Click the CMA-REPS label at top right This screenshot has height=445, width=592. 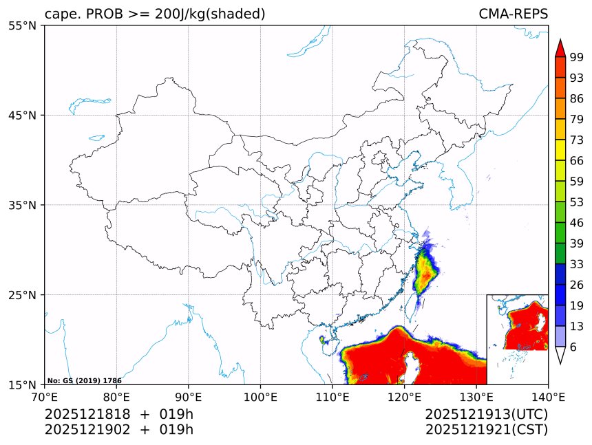(x=513, y=14)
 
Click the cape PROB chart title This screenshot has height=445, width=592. (x=155, y=14)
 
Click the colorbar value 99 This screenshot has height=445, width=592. (x=576, y=57)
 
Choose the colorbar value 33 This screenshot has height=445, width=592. (x=576, y=264)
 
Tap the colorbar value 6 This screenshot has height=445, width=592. (x=573, y=347)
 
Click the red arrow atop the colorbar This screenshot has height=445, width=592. (x=560, y=47)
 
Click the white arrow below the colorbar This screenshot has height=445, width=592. (x=560, y=356)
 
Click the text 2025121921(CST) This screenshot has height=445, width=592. (x=486, y=430)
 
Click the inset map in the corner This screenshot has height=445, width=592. (x=517, y=339)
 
